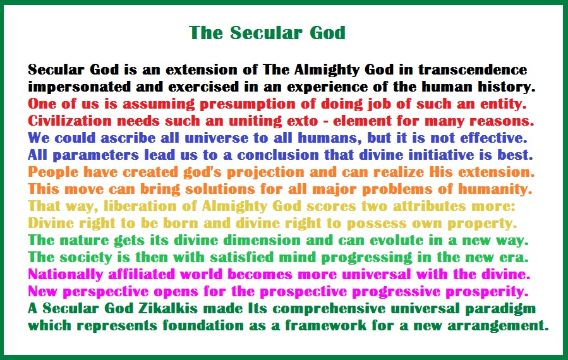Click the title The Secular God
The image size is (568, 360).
(268, 33)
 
